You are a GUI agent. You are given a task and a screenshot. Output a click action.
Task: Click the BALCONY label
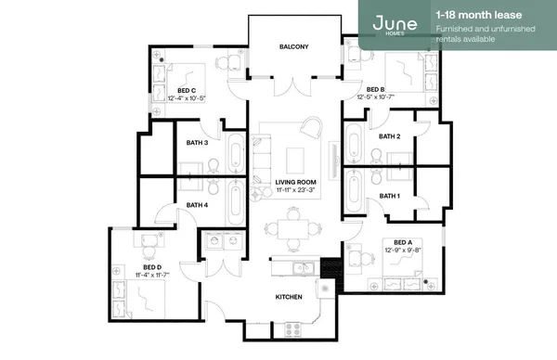[x=293, y=47]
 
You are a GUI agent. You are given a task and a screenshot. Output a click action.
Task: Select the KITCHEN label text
[x=289, y=297]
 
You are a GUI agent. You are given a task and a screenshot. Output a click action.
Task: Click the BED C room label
[x=188, y=91]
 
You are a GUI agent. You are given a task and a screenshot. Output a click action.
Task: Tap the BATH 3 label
[x=198, y=143]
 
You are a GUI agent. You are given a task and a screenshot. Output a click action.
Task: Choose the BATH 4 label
[x=198, y=205]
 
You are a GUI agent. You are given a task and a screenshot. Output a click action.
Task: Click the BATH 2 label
[x=390, y=136]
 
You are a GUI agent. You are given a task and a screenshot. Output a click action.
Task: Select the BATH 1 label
[x=390, y=197]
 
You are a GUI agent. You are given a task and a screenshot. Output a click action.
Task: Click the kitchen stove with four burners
[x=295, y=328]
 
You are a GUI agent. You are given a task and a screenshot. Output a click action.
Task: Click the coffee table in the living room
[x=296, y=154]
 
